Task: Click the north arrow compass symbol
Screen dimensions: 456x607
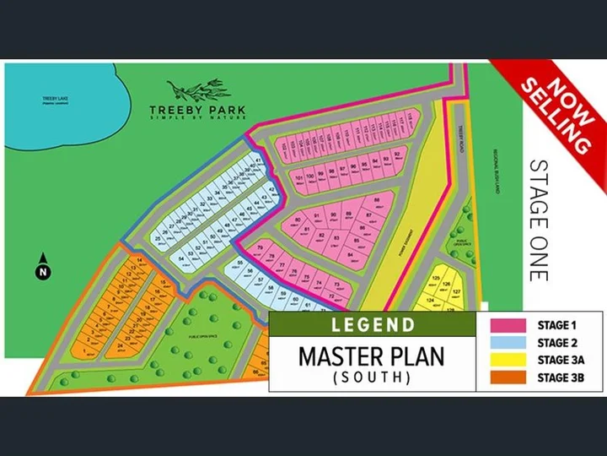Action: click(41, 267)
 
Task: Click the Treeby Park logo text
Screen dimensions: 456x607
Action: click(198, 110)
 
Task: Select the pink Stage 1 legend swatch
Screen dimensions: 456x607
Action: click(504, 323)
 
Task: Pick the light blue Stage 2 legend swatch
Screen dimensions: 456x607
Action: click(504, 342)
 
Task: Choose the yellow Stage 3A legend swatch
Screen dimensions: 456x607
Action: click(504, 360)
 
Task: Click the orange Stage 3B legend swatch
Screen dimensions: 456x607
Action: click(504, 377)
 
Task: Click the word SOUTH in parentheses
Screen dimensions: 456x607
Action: click(371, 377)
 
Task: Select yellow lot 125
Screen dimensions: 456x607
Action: click(436, 279)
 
